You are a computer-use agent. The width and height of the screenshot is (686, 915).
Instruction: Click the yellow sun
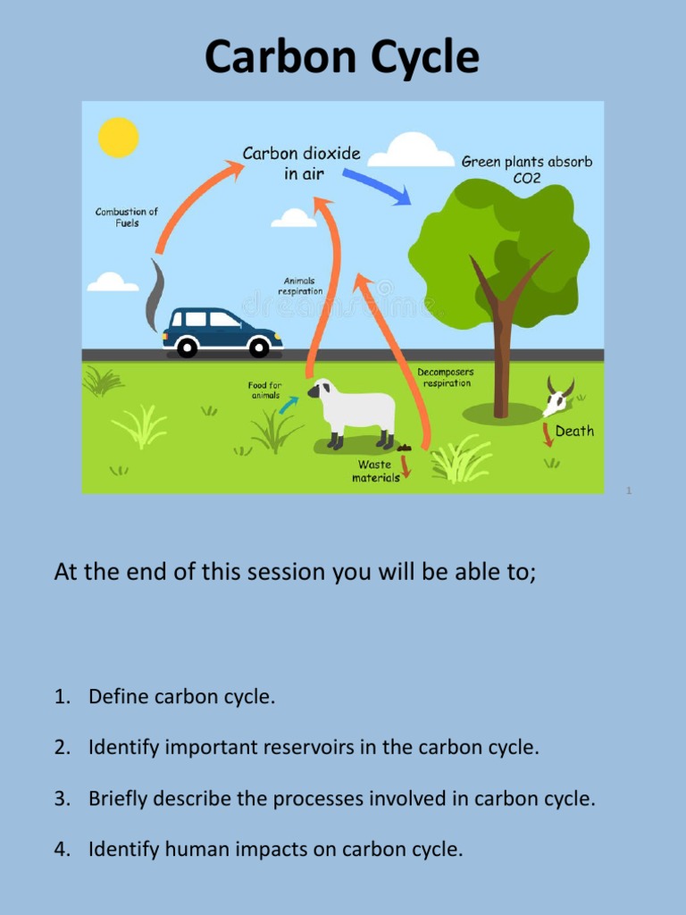pyautogui.click(x=119, y=138)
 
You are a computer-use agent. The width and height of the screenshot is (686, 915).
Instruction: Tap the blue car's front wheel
pyautogui.click(x=259, y=347)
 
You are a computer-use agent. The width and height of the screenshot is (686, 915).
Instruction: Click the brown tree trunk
pyautogui.click(x=502, y=357)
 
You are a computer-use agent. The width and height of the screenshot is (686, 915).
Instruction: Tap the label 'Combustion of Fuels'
pyautogui.click(x=127, y=217)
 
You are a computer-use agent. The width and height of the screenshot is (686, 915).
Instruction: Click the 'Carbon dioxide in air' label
pyautogui.click(x=302, y=164)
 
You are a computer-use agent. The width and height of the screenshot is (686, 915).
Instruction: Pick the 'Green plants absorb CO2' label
pyautogui.click(x=526, y=170)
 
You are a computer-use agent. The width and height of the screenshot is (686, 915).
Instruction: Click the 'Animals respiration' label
pyautogui.click(x=299, y=286)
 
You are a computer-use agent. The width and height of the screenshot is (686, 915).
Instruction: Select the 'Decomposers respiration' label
pyautogui.click(x=445, y=377)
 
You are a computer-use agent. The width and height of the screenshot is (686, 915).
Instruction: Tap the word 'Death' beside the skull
pyautogui.click(x=574, y=432)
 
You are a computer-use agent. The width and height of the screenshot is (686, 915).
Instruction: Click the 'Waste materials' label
pyautogui.click(x=375, y=471)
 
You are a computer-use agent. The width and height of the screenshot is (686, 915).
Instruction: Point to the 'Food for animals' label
pyautogui.click(x=264, y=390)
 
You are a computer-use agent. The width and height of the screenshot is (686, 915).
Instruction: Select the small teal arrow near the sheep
pyautogui.click(x=288, y=405)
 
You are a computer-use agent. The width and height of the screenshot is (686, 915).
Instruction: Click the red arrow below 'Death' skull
pyautogui.click(x=548, y=435)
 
